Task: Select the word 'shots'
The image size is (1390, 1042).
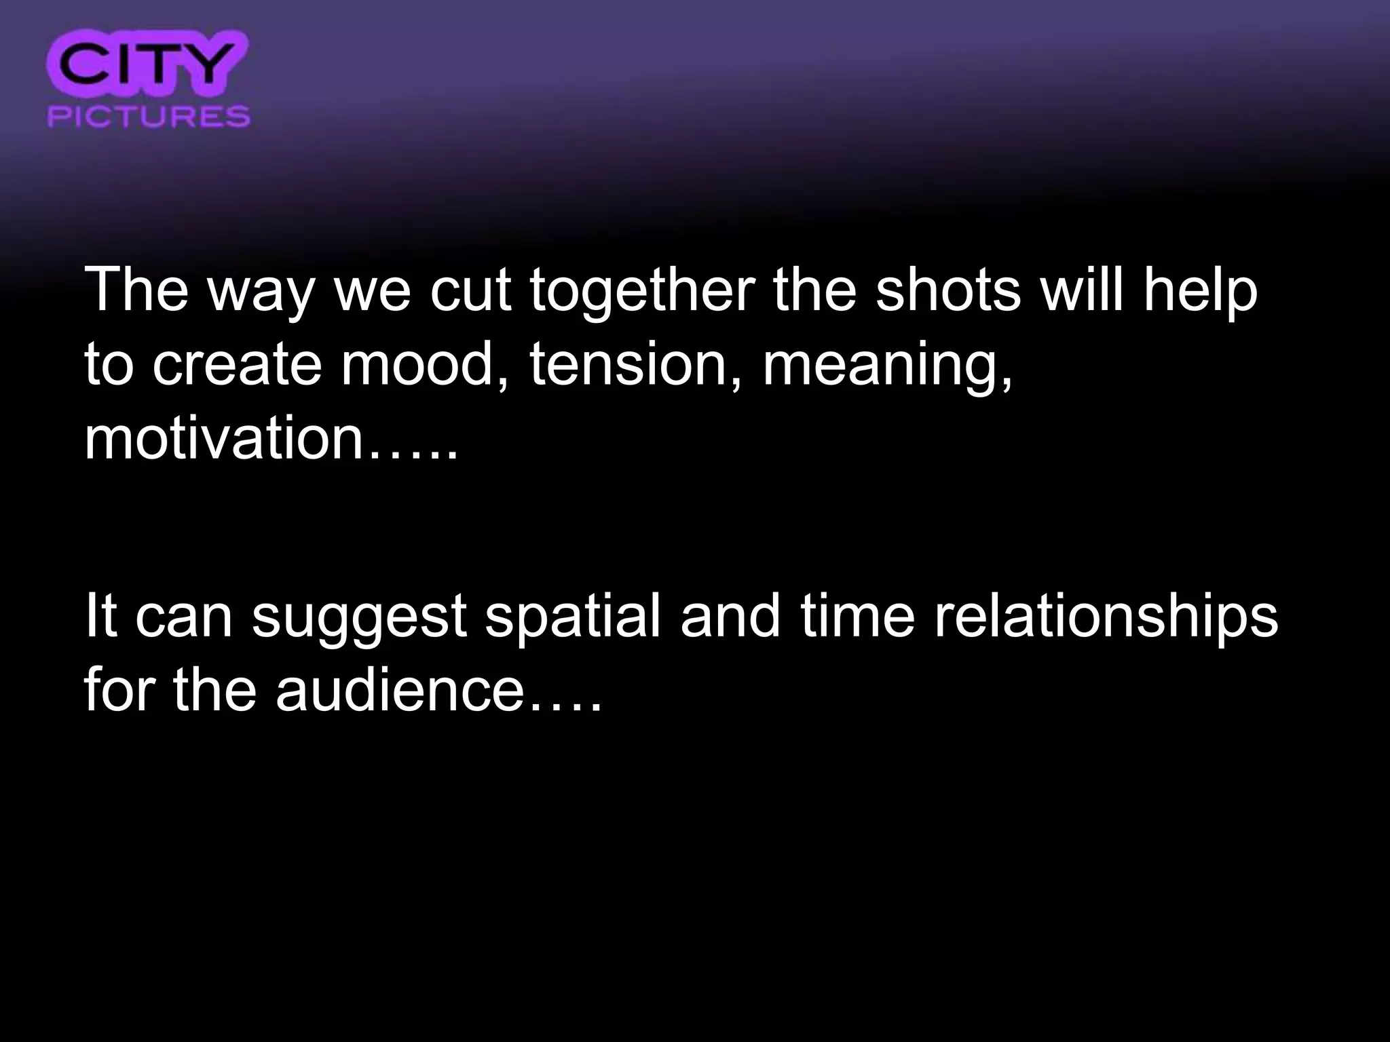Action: [x=947, y=290]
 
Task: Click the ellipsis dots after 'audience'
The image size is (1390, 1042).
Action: [x=565, y=706]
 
